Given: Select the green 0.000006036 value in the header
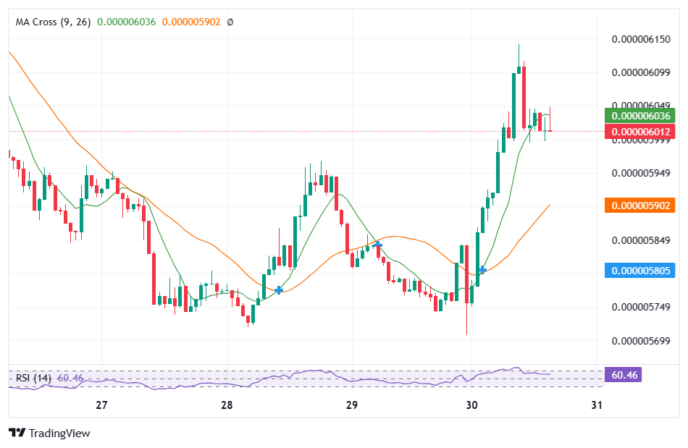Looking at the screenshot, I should (127, 22).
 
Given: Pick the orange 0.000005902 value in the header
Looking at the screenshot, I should (191, 22).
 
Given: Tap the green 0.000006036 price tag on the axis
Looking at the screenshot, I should (640, 116).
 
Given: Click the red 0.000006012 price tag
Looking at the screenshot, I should (640, 132).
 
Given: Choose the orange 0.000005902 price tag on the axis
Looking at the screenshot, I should (640, 206).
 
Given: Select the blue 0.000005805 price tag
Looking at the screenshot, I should (640, 271).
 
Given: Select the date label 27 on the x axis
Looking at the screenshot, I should (101, 405).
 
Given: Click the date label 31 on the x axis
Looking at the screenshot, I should (597, 405).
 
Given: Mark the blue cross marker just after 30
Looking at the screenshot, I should (482, 270).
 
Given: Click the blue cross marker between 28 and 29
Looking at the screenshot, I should (279, 289).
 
